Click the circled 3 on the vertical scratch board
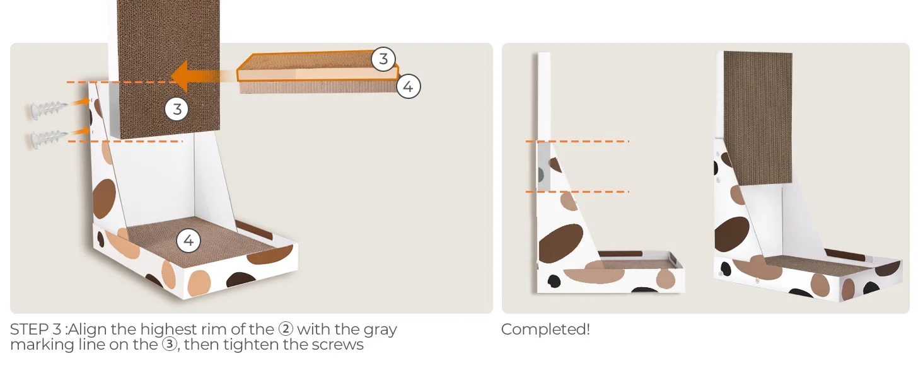[x=177, y=109]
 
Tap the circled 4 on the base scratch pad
[x=189, y=241]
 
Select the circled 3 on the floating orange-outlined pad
[x=383, y=59]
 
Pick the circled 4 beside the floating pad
[x=409, y=86]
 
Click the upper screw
[x=49, y=109]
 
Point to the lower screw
[x=49, y=139]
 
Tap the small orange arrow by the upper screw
[x=80, y=102]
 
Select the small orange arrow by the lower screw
[x=80, y=132]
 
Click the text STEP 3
[x=36, y=329]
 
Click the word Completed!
[x=545, y=329]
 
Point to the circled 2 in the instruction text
[x=286, y=329]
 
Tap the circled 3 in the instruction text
[x=170, y=345]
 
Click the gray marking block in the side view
[x=543, y=167]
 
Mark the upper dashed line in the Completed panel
[x=578, y=141]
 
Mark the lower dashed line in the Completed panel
[x=578, y=192]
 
